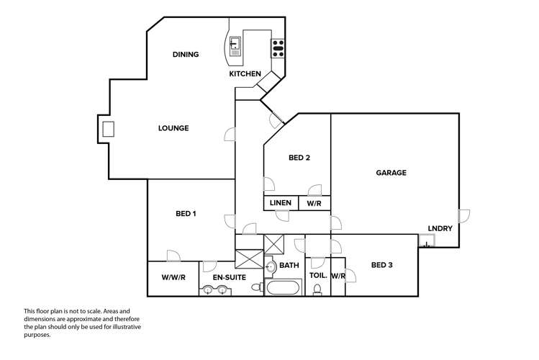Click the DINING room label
pyautogui.click(x=186, y=55)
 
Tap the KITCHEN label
pyautogui.click(x=245, y=73)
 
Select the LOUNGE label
pyautogui.click(x=173, y=128)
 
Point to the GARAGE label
pyautogui.click(x=391, y=173)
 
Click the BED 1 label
pyautogui.click(x=186, y=213)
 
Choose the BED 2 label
pyautogui.click(x=299, y=158)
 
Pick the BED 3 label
pyautogui.click(x=382, y=265)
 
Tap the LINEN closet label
pyautogui.click(x=281, y=203)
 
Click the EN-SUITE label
pyautogui.click(x=230, y=277)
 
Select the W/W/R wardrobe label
pyautogui.click(x=173, y=277)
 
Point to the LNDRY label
pyautogui.click(x=440, y=229)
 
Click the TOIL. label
pyautogui.click(x=318, y=275)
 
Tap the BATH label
pyautogui.click(x=289, y=266)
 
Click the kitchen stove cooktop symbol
pyautogui.click(x=278, y=48)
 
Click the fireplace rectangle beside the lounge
pyautogui.click(x=109, y=130)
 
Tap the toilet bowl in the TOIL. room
pyautogui.click(x=317, y=290)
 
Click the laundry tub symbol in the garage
pyautogui.click(x=427, y=243)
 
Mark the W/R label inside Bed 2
pyautogui.click(x=314, y=203)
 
